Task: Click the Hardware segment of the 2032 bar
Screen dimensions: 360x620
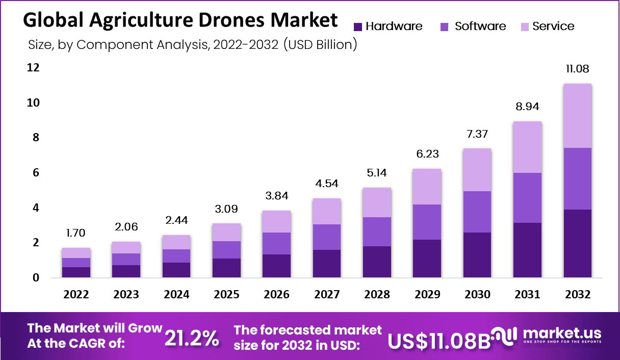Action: (577, 243)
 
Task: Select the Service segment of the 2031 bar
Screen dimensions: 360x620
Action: (527, 147)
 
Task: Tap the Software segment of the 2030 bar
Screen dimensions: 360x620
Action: (477, 212)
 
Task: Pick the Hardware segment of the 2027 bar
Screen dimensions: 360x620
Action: (327, 263)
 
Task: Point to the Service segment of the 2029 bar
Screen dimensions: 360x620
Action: (427, 187)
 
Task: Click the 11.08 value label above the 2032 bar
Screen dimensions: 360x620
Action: (577, 69)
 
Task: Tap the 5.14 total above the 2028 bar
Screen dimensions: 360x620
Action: (377, 172)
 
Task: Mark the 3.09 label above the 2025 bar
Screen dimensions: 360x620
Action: (227, 209)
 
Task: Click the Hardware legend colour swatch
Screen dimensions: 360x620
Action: (357, 27)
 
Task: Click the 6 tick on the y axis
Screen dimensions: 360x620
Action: (35, 173)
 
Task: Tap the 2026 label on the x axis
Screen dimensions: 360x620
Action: (277, 295)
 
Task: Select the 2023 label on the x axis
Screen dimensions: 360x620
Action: (126, 295)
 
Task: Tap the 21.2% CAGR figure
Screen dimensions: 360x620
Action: (192, 338)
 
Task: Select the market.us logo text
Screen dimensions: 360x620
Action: (562, 334)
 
